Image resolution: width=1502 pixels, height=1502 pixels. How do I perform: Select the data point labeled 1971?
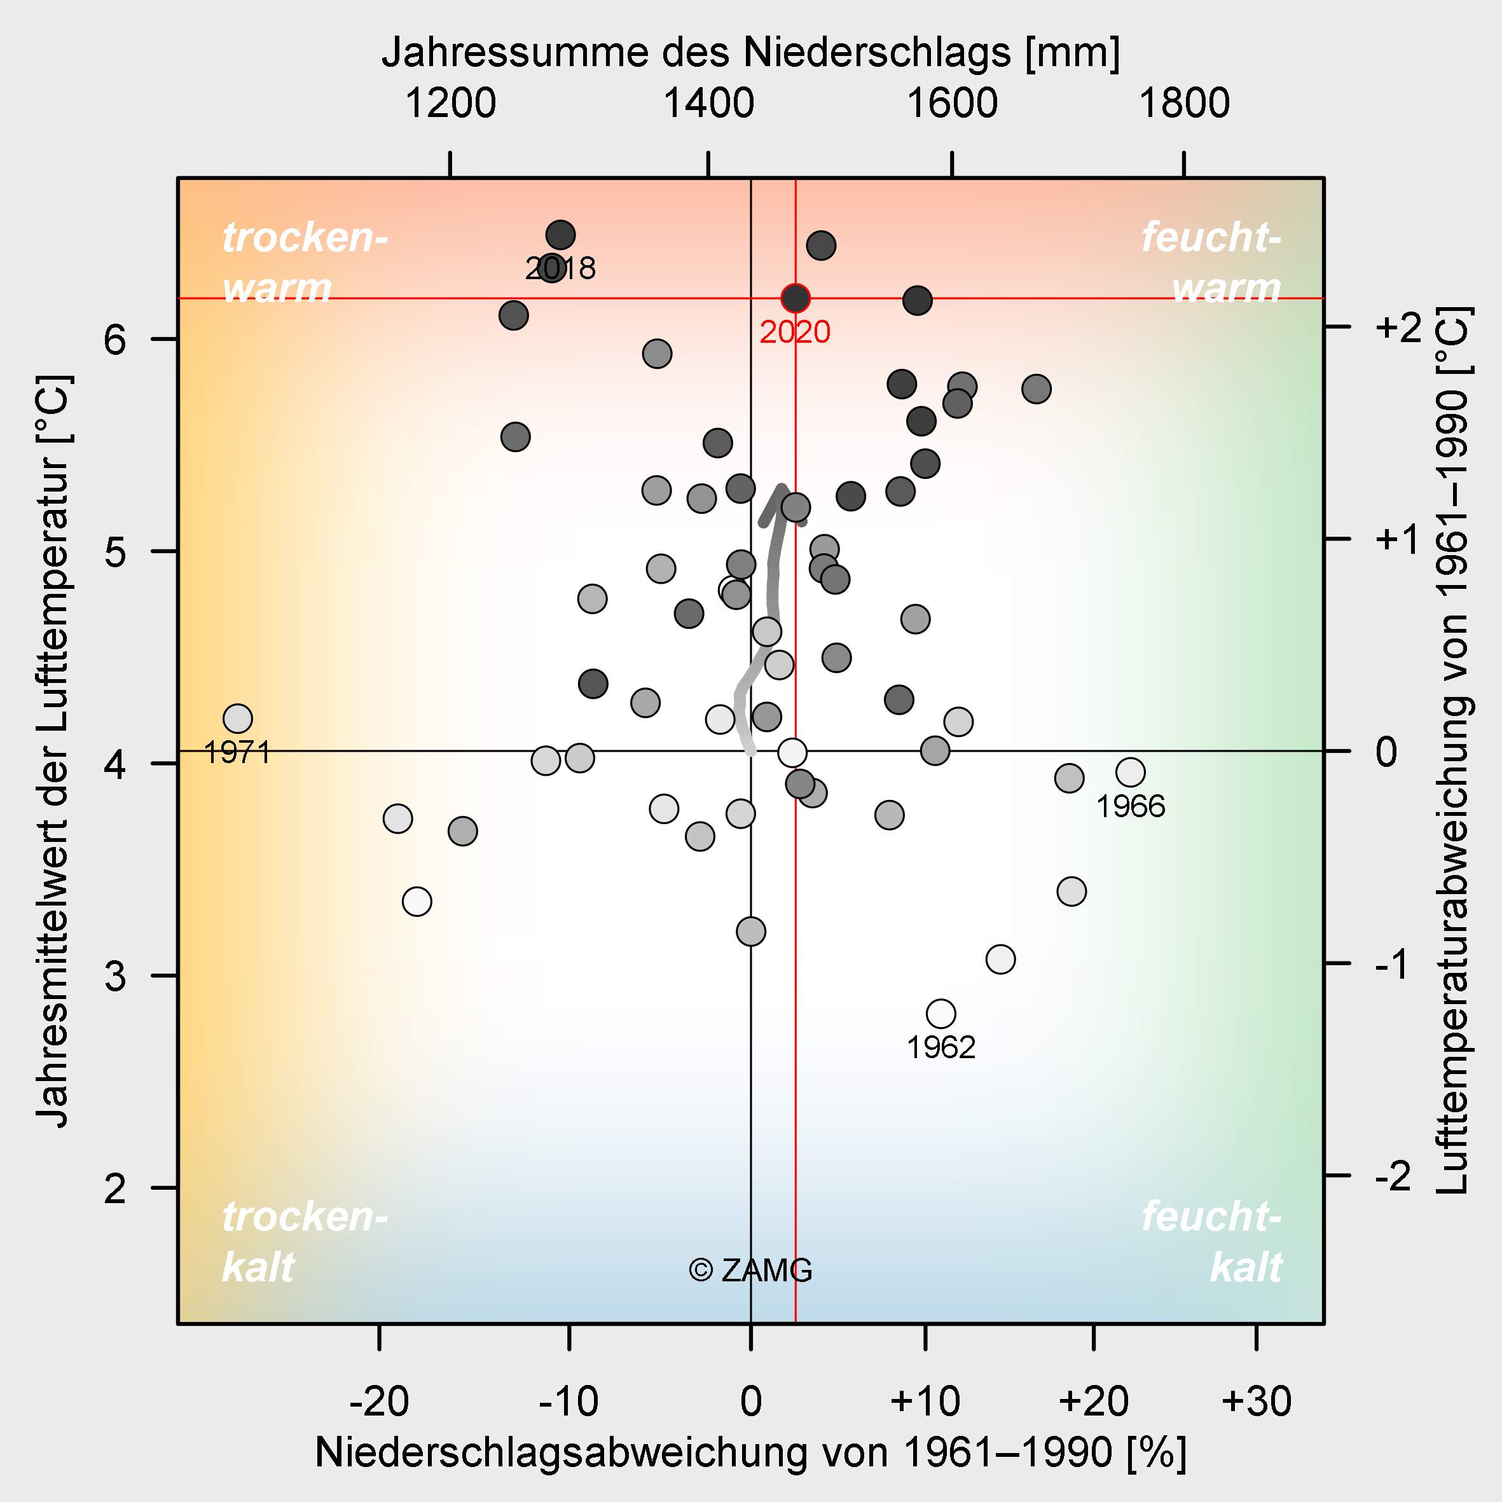click(238, 719)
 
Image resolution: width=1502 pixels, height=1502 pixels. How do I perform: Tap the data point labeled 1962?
click(940, 1014)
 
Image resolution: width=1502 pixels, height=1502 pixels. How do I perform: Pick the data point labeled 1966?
click(1131, 773)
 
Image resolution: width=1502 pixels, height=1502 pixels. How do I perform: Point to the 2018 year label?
click(560, 269)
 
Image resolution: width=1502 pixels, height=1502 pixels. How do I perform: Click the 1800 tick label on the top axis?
click(1184, 104)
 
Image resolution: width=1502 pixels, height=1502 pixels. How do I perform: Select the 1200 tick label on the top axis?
click(450, 104)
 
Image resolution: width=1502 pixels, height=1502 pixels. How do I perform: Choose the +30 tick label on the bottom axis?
click(1257, 1402)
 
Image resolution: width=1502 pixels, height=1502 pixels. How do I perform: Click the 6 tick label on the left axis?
click(115, 340)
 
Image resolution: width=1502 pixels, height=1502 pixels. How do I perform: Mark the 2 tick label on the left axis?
click(115, 1189)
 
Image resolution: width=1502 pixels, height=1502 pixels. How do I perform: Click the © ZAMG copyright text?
click(750, 1271)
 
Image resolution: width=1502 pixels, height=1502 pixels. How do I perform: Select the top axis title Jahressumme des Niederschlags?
click(750, 53)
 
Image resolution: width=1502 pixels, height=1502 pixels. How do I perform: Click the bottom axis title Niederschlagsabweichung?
click(750, 1452)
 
